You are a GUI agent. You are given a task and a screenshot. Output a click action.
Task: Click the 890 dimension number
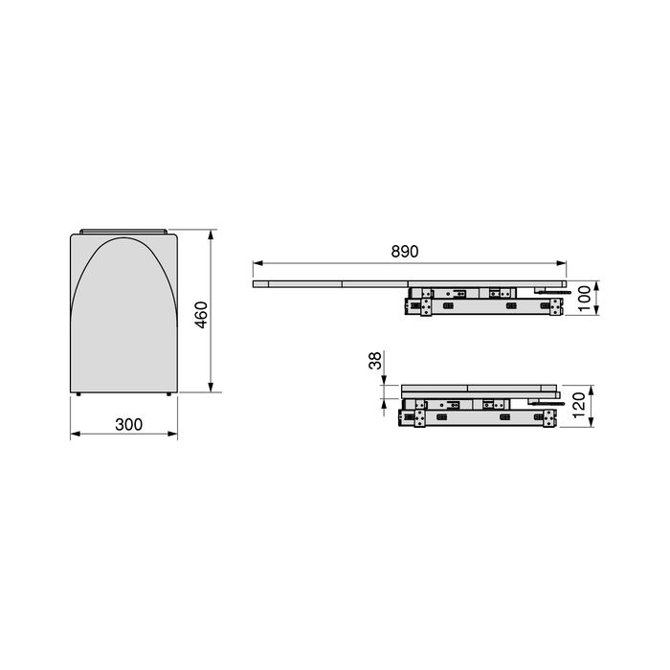pos(405,252)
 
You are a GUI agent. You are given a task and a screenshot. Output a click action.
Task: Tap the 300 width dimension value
pos(123,425)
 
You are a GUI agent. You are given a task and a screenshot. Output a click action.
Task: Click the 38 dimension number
pos(375,361)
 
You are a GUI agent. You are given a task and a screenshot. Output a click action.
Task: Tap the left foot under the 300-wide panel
pos(78,394)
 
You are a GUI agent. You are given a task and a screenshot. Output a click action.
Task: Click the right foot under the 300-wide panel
pos(169,394)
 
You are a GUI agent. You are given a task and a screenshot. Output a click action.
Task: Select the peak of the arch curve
pos(124,238)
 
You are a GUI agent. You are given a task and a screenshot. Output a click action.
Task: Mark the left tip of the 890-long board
pos(253,284)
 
